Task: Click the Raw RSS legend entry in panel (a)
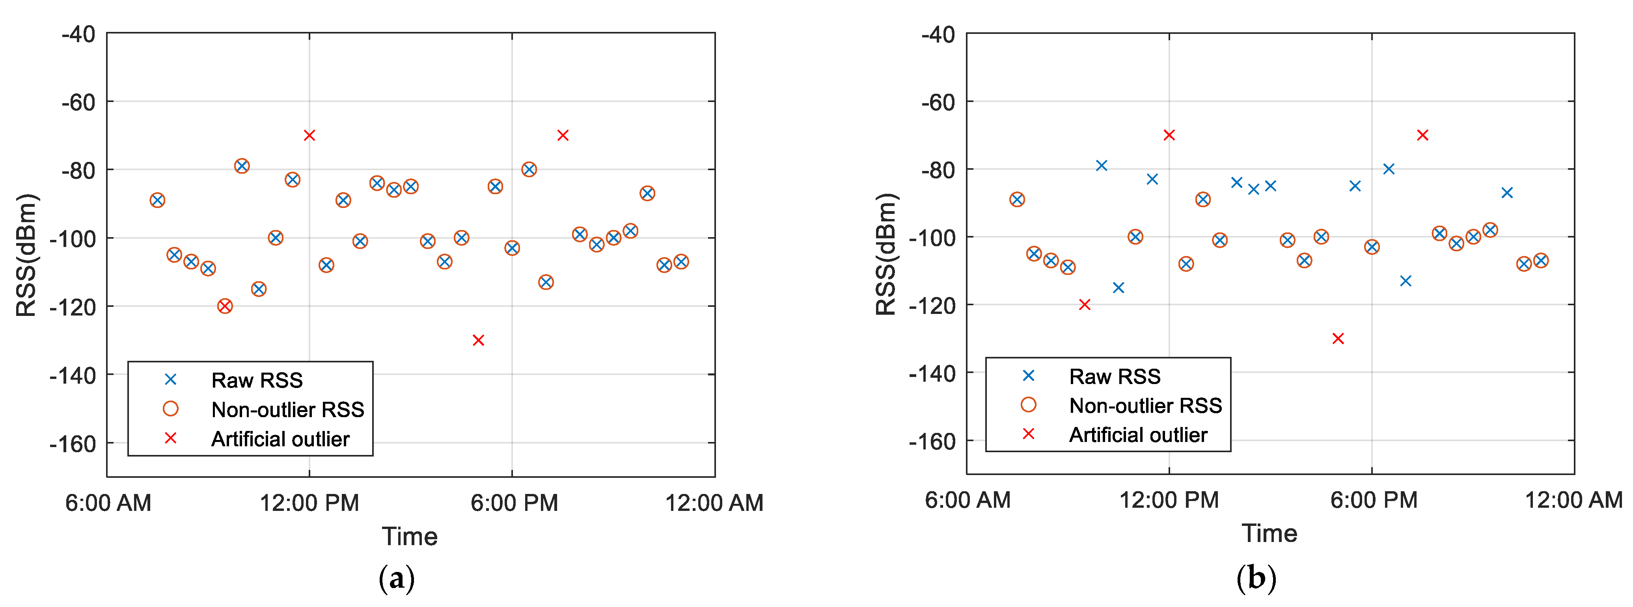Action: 256,380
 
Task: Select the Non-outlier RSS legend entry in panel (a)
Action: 287,409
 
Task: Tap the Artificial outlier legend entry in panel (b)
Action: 1137,434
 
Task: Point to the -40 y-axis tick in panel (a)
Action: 78,34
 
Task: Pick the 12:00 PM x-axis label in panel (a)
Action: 309,503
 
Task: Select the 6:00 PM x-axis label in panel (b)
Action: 1373,500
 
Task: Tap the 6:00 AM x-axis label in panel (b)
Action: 967,500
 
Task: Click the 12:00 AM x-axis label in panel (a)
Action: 714,503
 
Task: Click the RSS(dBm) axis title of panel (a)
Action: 27,255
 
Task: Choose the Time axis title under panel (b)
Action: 1269,533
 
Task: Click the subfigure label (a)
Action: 397,578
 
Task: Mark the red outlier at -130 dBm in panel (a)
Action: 479,340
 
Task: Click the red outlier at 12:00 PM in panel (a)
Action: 309,135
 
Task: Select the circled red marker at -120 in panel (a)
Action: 225,306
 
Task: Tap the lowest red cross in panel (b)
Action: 1338,338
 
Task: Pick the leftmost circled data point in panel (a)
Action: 157,200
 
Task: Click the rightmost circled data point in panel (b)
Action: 1541,260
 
